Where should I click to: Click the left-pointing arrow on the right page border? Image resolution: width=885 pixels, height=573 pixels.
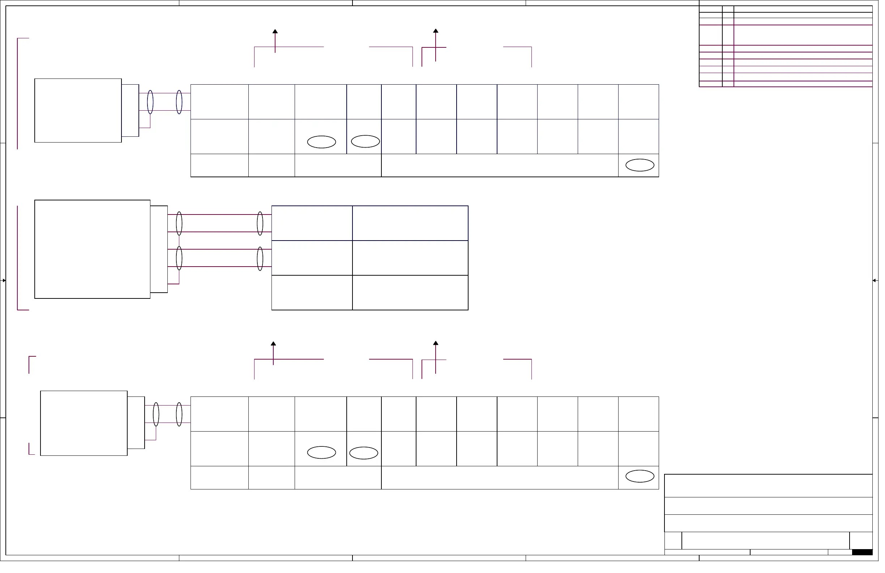(880, 283)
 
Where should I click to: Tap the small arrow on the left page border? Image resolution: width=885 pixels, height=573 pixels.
(4, 283)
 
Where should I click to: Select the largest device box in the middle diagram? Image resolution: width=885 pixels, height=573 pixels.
(93, 251)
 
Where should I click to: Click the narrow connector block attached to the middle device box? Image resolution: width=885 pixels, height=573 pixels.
(160, 251)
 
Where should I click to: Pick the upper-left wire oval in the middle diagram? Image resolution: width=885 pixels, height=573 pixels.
(180, 225)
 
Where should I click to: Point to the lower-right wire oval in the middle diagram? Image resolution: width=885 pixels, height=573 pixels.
(262, 260)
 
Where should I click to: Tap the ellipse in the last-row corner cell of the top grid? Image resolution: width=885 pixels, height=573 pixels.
(645, 166)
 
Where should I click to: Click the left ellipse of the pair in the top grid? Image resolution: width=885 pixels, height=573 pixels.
(324, 143)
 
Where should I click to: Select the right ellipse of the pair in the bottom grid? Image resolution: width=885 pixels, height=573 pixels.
(366, 456)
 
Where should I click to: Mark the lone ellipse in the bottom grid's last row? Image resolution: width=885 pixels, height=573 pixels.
(645, 480)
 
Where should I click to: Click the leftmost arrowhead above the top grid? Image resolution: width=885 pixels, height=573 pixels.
(277, 31)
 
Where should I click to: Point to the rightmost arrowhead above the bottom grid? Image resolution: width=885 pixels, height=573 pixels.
(439, 345)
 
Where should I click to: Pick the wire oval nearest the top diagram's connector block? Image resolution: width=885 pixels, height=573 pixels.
(151, 103)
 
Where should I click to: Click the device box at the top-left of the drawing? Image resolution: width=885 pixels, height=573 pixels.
(78, 111)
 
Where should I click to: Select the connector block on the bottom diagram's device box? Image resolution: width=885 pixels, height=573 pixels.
(137, 426)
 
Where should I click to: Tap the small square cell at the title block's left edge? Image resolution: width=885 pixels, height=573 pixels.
(678, 544)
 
